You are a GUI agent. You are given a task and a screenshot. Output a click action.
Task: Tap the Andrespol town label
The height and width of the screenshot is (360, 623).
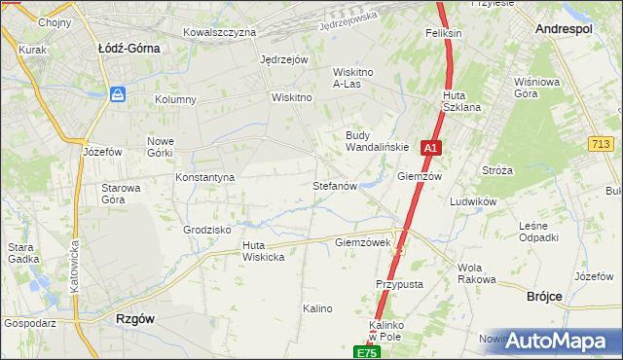(567, 30)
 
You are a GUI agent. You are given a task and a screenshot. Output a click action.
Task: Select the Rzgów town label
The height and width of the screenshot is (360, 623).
(134, 318)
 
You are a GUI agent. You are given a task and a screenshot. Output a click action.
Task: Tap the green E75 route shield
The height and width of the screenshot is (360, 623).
(366, 352)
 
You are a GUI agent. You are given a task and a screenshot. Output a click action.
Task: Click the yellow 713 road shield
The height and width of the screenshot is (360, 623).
(601, 144)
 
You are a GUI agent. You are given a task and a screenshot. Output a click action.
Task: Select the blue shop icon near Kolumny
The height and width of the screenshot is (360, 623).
(118, 94)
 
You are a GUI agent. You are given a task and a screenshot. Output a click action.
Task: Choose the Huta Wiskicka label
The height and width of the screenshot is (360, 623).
(262, 251)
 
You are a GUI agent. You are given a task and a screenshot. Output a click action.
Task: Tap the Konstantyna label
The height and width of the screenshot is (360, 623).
(204, 177)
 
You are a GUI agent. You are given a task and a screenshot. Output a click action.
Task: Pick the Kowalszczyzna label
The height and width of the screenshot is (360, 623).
(219, 32)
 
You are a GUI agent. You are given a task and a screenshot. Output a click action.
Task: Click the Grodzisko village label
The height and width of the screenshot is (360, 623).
(206, 230)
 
